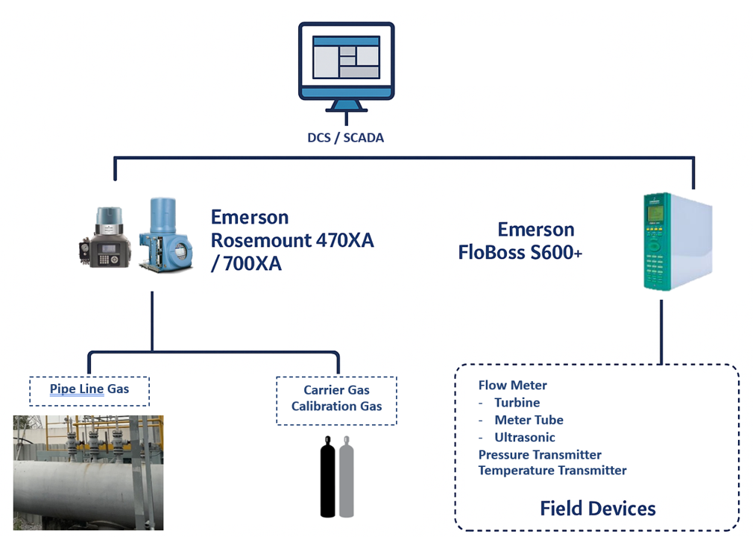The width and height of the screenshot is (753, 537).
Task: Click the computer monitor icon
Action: pyautogui.click(x=346, y=67)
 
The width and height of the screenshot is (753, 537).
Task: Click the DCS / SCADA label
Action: pyautogui.click(x=346, y=138)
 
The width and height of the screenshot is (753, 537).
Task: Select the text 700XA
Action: pyautogui.click(x=253, y=264)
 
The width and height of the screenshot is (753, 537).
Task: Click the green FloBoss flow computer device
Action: pyautogui.click(x=678, y=242)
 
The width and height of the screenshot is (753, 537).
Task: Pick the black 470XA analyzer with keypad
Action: pyautogui.click(x=105, y=237)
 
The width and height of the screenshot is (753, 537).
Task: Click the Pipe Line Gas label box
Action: pyautogui.click(x=89, y=391)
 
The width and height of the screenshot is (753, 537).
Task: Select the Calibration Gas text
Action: pyautogui.click(x=337, y=406)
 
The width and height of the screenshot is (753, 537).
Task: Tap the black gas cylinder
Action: pyautogui.click(x=328, y=477)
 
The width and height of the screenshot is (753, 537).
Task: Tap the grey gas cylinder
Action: pyautogui.click(x=346, y=477)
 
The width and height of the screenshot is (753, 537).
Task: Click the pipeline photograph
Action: pyautogui.click(x=89, y=473)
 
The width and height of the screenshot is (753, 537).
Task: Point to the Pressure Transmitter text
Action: pyautogui.click(x=540, y=454)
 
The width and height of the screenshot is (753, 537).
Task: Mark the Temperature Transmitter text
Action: pyautogui.click(x=552, y=470)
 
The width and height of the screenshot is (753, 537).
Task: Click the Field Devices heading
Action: pyautogui.click(x=598, y=508)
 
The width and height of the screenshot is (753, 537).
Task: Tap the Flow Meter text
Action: pyautogui.click(x=512, y=385)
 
